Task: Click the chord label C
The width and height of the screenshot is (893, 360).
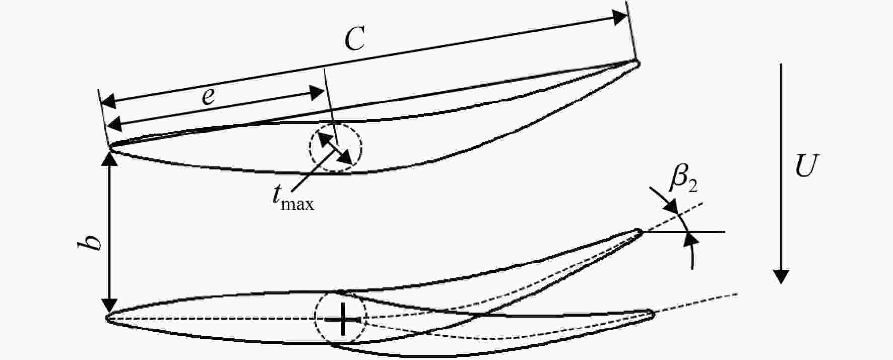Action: point(355,39)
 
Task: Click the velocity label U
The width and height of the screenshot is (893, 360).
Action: point(805,166)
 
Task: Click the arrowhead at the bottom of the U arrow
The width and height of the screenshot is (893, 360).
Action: point(781,276)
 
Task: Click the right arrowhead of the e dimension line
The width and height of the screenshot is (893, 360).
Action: point(316,92)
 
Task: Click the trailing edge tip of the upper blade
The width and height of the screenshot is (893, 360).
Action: point(639,64)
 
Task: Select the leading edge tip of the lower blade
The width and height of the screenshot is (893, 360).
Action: point(108,318)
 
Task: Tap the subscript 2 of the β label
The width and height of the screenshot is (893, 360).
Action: point(693,187)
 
